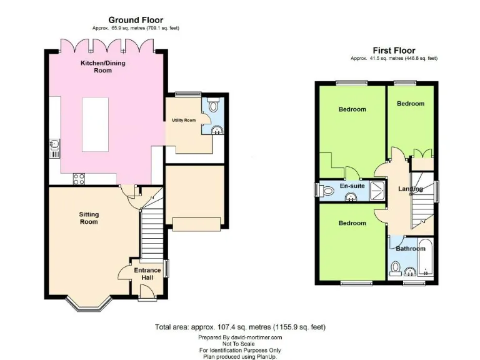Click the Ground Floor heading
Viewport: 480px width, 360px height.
(x=135, y=20)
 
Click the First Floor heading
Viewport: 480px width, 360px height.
(x=394, y=51)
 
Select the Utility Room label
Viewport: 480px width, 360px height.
(x=184, y=120)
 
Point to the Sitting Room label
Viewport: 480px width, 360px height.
(x=89, y=218)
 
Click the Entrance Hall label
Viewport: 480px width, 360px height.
(x=147, y=273)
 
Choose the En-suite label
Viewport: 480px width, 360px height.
(x=352, y=186)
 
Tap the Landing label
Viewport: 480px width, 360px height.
(x=411, y=189)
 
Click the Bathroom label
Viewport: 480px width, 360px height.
(x=410, y=249)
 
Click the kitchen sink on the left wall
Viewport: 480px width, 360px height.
(x=54, y=146)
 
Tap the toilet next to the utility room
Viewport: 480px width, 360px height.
(x=212, y=104)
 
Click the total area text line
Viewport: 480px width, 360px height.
(x=240, y=327)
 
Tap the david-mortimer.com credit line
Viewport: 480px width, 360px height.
(x=240, y=337)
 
